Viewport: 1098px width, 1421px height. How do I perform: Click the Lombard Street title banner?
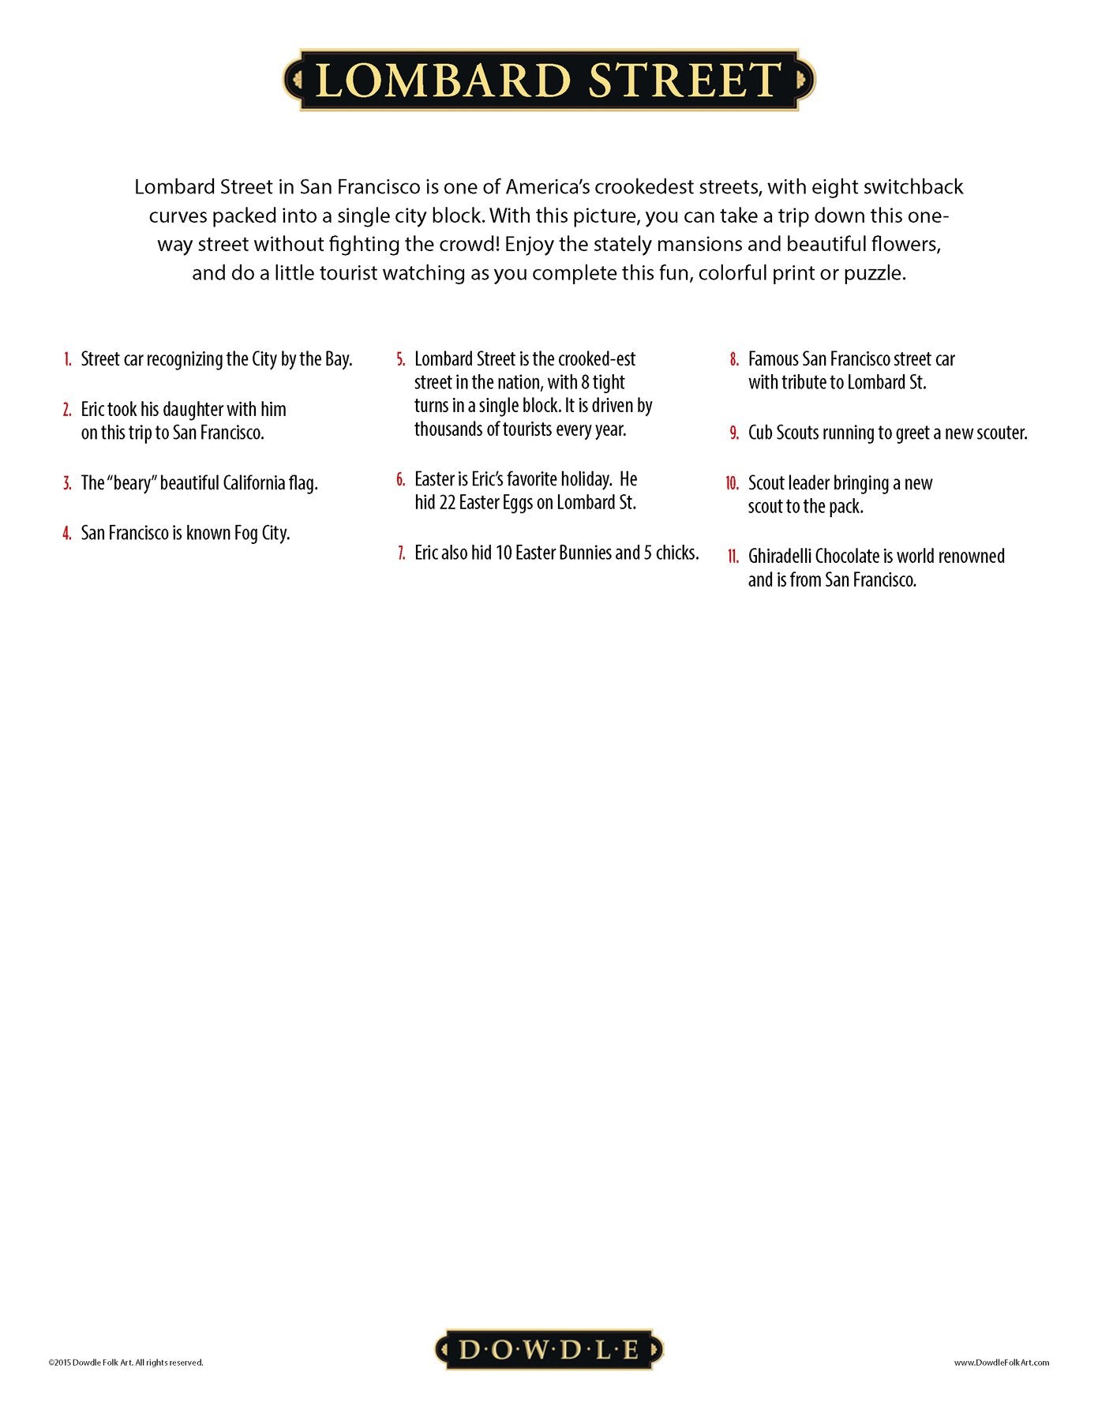coord(549,80)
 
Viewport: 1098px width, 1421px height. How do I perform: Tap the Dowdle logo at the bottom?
coord(549,1349)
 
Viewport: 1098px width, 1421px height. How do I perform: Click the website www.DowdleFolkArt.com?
coord(1001,1362)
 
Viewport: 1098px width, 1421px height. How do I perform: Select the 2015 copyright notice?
coord(126,1362)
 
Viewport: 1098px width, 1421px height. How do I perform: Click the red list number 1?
coord(68,360)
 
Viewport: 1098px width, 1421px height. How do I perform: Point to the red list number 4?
coord(67,534)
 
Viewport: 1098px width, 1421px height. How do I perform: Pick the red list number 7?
coord(402,553)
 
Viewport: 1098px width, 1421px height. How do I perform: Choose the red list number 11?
coord(733,557)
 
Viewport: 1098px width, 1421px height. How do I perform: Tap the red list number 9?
coord(734,433)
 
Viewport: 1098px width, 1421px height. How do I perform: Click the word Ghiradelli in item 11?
coord(781,557)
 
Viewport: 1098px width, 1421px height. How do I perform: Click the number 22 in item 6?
coord(448,503)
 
